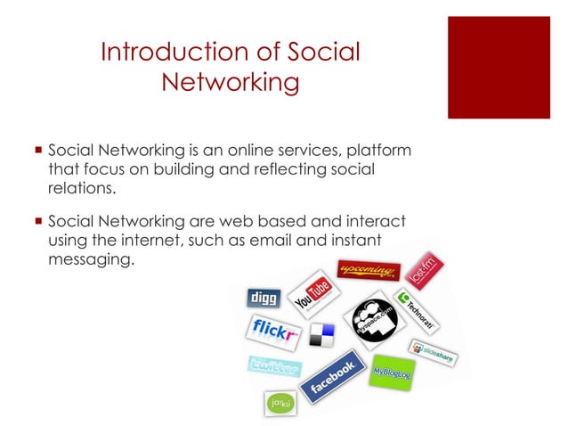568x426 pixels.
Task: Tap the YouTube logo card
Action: (312, 293)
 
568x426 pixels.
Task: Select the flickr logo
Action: (272, 332)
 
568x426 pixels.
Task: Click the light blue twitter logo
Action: (274, 366)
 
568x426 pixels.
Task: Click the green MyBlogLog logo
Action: (392, 370)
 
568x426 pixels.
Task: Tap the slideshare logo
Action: (432, 350)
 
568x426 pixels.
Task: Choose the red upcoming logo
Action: (366, 270)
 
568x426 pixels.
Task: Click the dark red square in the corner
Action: (499, 67)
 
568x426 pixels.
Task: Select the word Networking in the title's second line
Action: (230, 83)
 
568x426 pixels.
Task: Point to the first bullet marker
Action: (37, 150)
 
